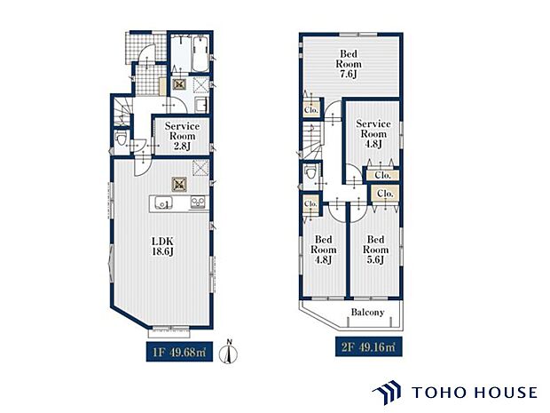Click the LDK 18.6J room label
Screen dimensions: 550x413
tap(162, 246)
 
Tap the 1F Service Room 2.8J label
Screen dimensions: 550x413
tap(182, 136)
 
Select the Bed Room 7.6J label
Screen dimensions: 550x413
tap(349, 64)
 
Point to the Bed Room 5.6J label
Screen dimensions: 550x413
tap(375, 250)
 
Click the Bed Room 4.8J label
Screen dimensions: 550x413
tap(324, 250)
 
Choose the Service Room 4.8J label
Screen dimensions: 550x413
tap(373, 134)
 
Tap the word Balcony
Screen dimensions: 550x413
tap(367, 313)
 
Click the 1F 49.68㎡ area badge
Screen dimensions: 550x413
tap(179, 352)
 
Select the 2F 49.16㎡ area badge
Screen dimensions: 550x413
tap(369, 347)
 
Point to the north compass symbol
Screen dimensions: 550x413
tap(228, 352)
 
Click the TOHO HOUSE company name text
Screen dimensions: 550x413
tap(475, 393)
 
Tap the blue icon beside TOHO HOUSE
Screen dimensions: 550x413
tap(387, 393)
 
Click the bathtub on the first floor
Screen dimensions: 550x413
tap(200, 54)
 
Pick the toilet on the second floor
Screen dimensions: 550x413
tap(310, 172)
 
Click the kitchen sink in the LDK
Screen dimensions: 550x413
tap(163, 203)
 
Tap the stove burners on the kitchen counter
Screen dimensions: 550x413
tap(198, 203)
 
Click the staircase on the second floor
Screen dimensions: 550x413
tap(312, 140)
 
